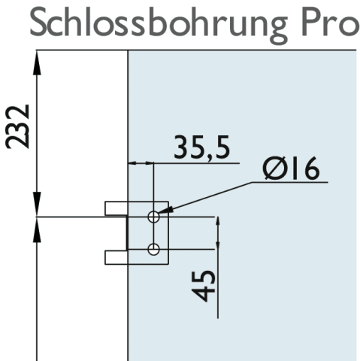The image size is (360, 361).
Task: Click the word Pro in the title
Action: coord(329,23)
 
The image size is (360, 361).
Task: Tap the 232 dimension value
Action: coord(17,127)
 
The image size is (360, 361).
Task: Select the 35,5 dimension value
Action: coord(201,147)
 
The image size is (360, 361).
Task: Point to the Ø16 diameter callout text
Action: coord(291,168)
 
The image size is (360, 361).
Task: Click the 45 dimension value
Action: coord(204,287)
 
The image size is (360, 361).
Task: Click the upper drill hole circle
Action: coord(153,217)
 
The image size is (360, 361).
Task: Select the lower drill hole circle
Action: coord(153,249)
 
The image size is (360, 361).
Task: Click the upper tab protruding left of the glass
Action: coord(116,208)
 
